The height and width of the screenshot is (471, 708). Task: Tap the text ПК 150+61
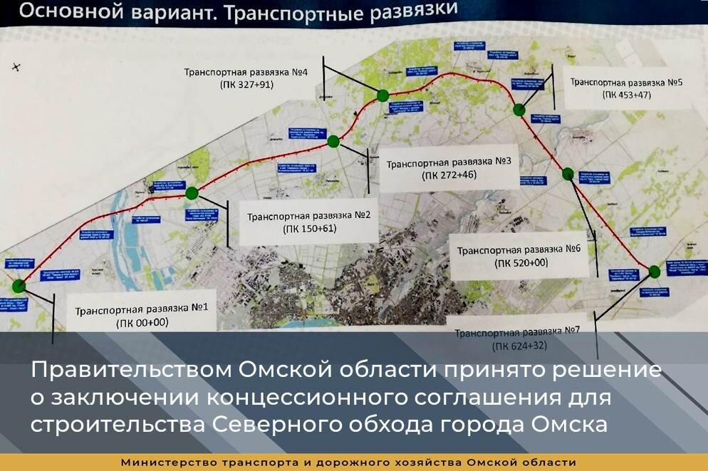[309, 229]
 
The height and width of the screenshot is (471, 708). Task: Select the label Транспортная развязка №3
[449, 162]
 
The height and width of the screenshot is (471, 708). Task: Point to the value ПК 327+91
[246, 84]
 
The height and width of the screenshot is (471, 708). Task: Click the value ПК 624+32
[518, 346]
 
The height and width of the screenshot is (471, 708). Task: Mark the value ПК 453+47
[627, 95]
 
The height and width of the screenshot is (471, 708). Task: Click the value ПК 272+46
[449, 175]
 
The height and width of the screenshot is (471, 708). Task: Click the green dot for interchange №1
[19, 286]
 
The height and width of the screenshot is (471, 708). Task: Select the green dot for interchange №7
[655, 271]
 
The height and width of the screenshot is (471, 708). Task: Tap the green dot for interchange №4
[382, 95]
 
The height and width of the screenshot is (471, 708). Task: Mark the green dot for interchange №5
[519, 109]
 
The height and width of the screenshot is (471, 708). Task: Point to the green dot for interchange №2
[191, 192]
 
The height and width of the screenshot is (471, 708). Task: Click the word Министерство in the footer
[166, 462]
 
